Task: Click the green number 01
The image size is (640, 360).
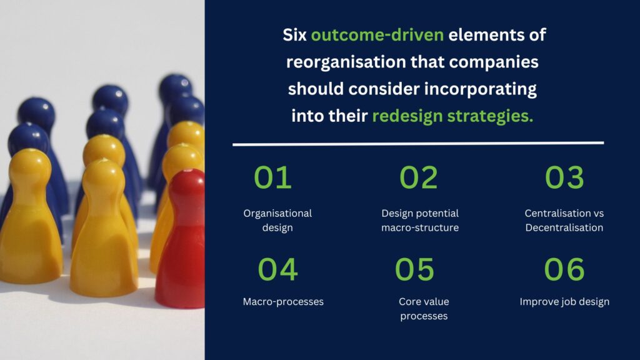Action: point(272,177)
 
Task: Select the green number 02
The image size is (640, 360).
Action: point(418,177)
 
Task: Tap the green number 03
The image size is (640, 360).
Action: point(564,177)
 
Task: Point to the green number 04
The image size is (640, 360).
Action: point(277,269)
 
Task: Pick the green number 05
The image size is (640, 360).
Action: point(414,269)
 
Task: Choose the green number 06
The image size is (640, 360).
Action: point(564,269)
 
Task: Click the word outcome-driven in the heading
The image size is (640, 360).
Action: point(377,35)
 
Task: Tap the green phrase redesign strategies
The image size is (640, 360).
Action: point(452,116)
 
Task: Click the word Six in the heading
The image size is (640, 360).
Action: point(295,35)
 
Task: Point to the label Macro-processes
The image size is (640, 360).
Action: point(283,302)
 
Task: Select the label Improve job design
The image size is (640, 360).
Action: point(564,302)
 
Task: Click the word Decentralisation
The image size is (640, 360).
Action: point(564,227)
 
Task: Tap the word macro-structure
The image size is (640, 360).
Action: point(420,227)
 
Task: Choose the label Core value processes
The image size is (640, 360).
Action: point(424,309)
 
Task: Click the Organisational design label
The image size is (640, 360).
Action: point(277,221)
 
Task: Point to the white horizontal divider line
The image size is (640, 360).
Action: point(418,143)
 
